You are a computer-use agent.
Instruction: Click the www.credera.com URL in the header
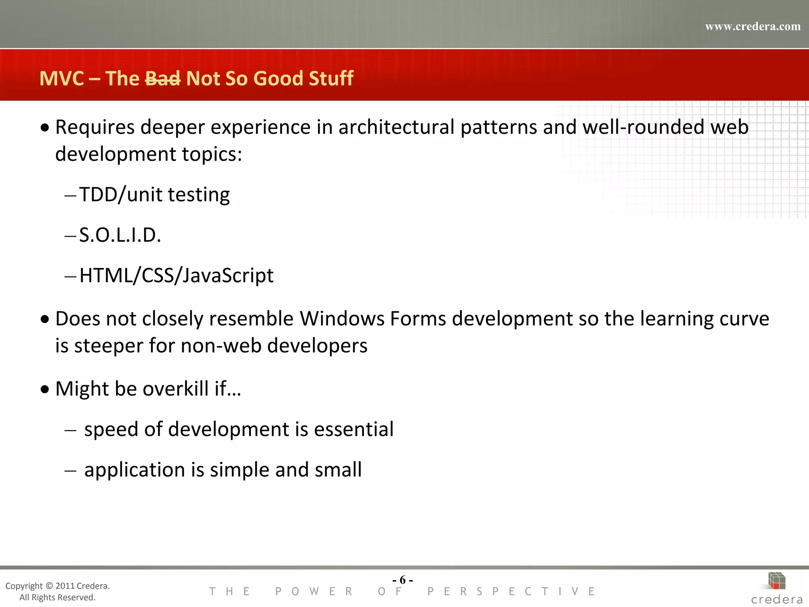coord(753,26)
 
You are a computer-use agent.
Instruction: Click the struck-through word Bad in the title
coord(163,78)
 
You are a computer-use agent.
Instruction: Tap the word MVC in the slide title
coord(62,78)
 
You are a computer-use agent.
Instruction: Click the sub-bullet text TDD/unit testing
coord(154,194)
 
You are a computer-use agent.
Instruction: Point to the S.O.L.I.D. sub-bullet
coord(120,235)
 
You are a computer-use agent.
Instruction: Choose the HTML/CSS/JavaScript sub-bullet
coord(176,275)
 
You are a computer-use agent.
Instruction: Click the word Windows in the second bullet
coord(342,319)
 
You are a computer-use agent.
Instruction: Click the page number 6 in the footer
coord(403,580)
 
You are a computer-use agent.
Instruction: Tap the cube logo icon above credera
coord(777,581)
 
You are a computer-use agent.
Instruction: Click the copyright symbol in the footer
coord(49,586)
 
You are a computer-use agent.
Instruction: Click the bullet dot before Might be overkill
coord(45,389)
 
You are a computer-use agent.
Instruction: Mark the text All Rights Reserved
coord(57,598)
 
